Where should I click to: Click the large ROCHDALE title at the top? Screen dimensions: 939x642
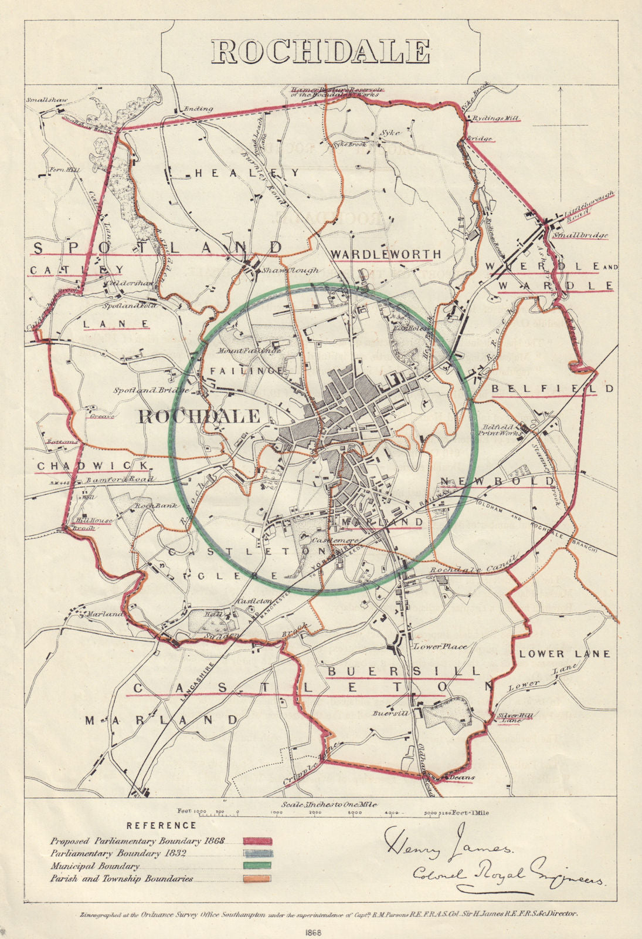(x=321, y=52)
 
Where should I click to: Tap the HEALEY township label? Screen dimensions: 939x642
(x=247, y=173)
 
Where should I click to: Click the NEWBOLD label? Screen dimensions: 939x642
(x=497, y=481)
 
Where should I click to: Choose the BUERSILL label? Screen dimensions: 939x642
(x=404, y=670)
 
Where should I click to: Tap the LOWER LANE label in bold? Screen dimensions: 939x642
(x=564, y=653)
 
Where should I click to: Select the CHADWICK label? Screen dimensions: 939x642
(x=93, y=465)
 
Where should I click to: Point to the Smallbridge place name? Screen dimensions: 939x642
(x=580, y=235)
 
